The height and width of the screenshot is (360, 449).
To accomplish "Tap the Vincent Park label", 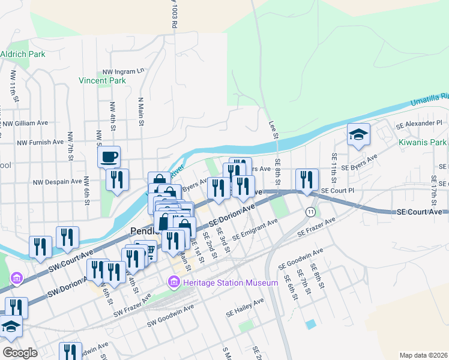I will click(102, 80).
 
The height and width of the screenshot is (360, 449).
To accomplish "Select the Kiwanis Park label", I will click(423, 143).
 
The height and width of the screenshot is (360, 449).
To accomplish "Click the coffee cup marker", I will click(109, 157).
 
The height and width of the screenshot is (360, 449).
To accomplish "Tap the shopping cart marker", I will click(146, 250).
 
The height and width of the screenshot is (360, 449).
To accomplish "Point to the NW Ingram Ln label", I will click(124, 71).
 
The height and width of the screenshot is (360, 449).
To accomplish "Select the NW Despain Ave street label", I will click(57, 181).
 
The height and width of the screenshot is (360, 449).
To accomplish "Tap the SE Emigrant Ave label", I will click(255, 229).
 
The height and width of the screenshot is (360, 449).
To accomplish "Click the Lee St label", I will click(274, 130).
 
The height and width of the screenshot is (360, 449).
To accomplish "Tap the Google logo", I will click(20, 353).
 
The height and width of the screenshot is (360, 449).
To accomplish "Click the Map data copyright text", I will click(423, 355).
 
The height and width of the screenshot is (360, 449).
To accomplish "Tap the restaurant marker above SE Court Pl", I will click(307, 179).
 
